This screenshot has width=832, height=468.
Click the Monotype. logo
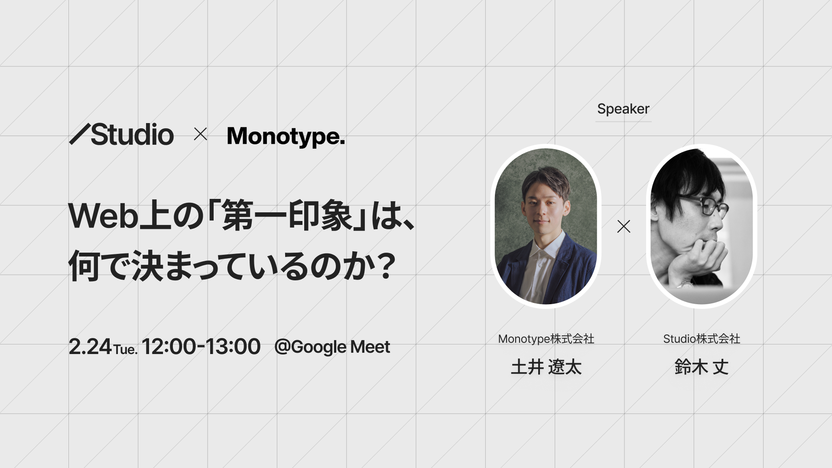pos(286,136)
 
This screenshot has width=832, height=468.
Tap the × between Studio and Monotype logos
pos(200,134)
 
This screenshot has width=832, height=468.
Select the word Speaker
pos(623,109)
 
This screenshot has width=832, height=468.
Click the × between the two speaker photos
pos(624,226)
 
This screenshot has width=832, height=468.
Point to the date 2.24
pos(90,347)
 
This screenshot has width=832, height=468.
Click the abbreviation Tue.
pos(125,349)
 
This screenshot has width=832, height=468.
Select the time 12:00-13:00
pos(201,347)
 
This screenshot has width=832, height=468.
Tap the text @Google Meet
pos(332,347)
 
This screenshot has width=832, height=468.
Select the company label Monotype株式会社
pos(546,339)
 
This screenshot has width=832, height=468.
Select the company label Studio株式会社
pos(702,339)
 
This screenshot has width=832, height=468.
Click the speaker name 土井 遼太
pos(546,367)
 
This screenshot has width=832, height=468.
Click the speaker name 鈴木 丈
pos(702,367)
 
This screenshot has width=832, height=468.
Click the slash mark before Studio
pos(80,134)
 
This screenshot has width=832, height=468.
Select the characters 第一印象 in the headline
pos(287,216)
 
